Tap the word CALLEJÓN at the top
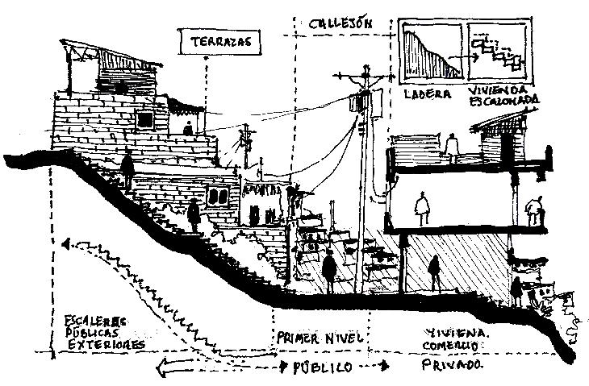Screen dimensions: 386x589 tap(340, 23)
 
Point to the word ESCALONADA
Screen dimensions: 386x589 tap(505, 102)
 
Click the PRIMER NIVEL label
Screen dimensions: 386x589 tap(320, 337)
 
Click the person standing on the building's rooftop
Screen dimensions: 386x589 tap(453, 144)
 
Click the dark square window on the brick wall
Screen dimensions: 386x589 tap(145, 120)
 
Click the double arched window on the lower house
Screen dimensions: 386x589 tap(217, 194)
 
